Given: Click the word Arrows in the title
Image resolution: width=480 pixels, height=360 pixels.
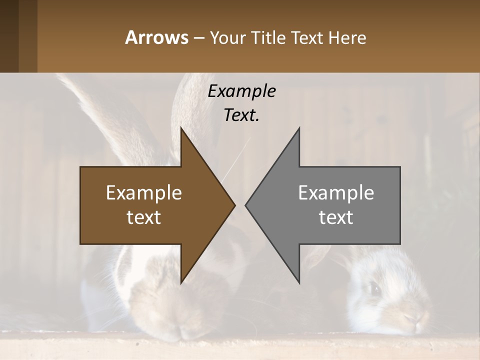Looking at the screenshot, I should point(156,37).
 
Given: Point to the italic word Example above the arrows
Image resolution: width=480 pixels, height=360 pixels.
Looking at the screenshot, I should point(241,91).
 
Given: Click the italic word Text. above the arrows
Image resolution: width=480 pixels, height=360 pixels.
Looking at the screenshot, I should point(241,115).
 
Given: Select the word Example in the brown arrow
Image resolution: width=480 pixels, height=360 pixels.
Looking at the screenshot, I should point(144,192).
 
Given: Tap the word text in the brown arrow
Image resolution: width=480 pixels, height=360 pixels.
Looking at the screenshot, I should point(144,217).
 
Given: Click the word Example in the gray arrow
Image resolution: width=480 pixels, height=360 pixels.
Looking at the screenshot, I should point(336,192).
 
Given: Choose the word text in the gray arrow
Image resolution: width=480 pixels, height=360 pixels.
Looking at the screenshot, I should point(336,217).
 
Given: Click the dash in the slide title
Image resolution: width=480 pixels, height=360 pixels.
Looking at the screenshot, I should point(198,38).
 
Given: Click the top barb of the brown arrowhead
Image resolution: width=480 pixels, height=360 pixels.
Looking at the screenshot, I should point(182,131).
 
